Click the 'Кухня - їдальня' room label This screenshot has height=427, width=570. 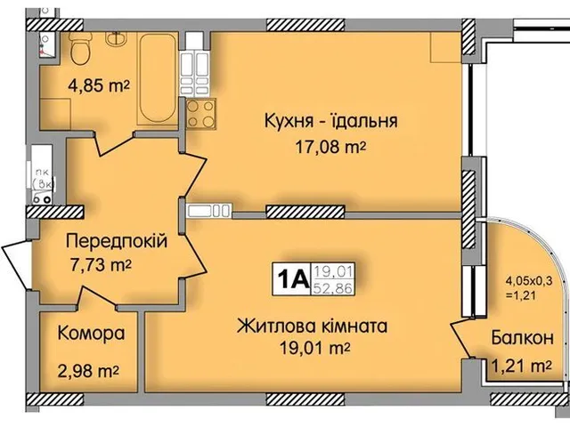point(330,122)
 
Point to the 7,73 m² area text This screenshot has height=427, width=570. point(100,264)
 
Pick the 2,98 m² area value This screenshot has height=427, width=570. point(89,369)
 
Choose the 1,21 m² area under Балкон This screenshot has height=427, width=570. point(521,364)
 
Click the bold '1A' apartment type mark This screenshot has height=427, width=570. point(291,279)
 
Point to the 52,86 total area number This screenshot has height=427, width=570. point(330,286)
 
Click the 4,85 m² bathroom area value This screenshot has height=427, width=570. point(99,86)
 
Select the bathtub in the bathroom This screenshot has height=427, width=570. point(159,80)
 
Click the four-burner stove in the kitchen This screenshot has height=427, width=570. point(199,115)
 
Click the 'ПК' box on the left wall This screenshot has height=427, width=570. point(42,177)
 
